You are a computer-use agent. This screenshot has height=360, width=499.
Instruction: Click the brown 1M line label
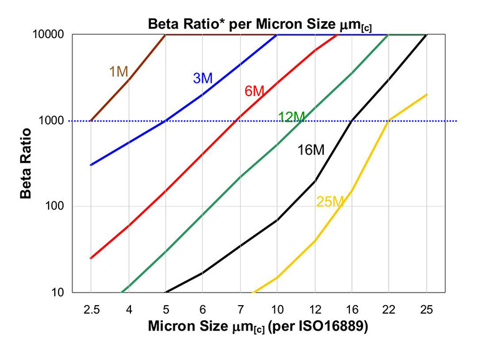click(119, 71)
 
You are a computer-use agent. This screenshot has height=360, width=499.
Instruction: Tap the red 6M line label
click(254, 91)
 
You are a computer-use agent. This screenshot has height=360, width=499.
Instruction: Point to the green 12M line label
click(291, 117)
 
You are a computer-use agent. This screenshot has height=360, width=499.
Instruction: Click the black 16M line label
click(311, 149)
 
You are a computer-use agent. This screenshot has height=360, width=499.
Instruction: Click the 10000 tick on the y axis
click(52, 35)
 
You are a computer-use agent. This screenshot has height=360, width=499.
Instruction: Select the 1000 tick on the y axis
click(54, 121)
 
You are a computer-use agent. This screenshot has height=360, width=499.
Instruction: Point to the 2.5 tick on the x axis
click(91, 308)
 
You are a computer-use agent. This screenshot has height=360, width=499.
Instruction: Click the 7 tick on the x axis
click(240, 308)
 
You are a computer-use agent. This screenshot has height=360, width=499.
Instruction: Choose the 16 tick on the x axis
click(352, 308)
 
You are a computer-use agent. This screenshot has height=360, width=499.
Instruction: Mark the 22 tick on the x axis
click(389, 308)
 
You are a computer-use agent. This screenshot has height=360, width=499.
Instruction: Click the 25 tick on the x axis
click(426, 308)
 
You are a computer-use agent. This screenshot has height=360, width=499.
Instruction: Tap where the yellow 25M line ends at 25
click(427, 95)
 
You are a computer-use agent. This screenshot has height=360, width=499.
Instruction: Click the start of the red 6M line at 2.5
click(91, 258)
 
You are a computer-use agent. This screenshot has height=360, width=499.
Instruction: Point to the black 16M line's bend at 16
click(352, 121)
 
